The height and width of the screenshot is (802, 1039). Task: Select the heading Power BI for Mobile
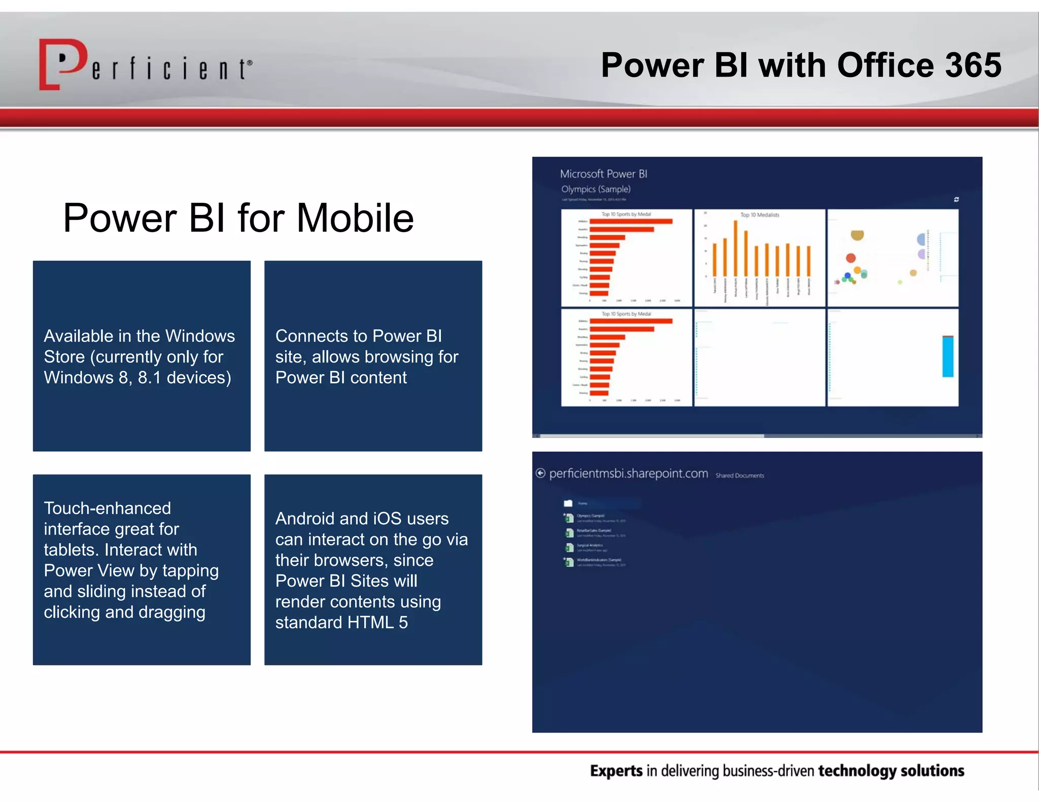[x=238, y=218]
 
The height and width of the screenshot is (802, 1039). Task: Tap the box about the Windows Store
[x=142, y=356]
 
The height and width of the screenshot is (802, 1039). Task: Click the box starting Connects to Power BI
[x=373, y=356]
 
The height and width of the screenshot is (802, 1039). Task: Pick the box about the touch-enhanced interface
[x=142, y=569]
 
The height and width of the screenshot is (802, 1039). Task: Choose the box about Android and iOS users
[x=373, y=569]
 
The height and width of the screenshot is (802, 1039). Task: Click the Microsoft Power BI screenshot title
[x=603, y=174]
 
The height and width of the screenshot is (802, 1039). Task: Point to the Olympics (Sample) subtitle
[x=596, y=189]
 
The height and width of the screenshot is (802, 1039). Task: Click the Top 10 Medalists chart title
[x=759, y=215]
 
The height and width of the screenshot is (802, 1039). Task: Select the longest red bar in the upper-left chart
[x=631, y=222]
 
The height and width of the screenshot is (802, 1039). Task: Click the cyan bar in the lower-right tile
[x=947, y=356]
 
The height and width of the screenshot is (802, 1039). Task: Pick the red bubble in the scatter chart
[x=851, y=258]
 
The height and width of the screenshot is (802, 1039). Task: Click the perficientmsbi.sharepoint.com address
[x=628, y=473]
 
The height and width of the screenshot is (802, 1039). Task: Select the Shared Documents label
[x=739, y=476]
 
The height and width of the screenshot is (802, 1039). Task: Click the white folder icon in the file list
[x=568, y=503]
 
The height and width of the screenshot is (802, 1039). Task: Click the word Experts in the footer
[x=616, y=771]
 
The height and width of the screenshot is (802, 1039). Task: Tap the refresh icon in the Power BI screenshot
[x=956, y=200]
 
